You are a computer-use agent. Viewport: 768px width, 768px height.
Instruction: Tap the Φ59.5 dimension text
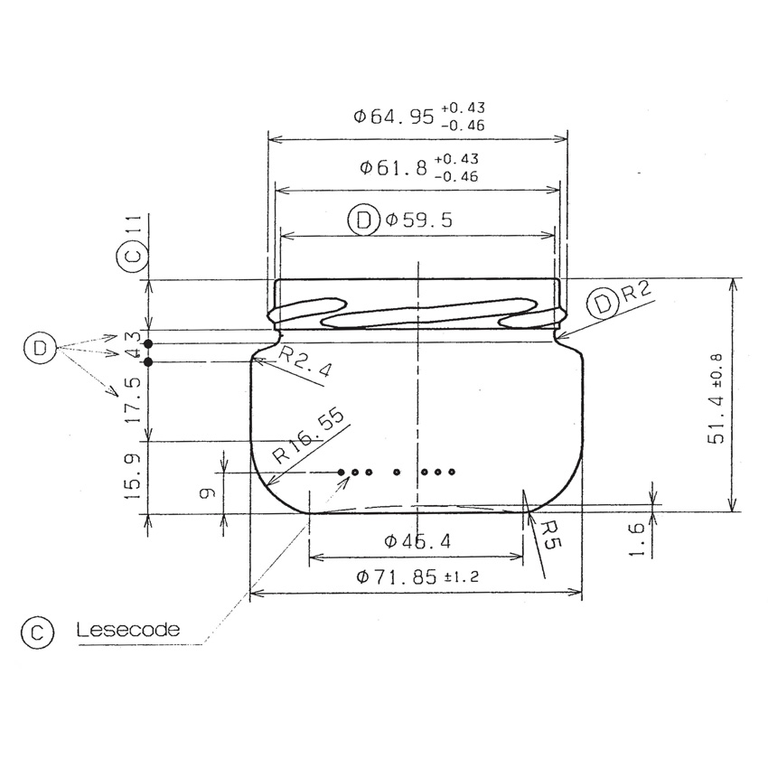(x=418, y=220)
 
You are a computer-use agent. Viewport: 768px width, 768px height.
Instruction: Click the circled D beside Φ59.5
(x=363, y=220)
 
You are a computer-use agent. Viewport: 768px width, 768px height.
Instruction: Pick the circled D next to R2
(x=604, y=304)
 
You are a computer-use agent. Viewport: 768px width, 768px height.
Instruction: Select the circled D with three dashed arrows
(x=38, y=348)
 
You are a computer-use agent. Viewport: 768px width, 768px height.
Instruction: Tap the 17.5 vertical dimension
(x=133, y=400)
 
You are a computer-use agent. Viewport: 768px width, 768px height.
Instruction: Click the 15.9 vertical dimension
(x=133, y=478)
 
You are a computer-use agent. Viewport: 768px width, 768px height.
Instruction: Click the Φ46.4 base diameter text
(x=417, y=541)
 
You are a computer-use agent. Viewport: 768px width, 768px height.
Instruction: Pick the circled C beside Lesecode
(x=38, y=631)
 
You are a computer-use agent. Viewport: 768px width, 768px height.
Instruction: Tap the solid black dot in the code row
(x=341, y=473)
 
